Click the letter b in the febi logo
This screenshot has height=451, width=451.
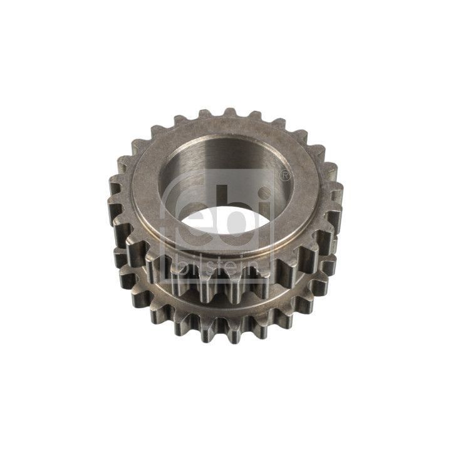(x=234, y=210)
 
